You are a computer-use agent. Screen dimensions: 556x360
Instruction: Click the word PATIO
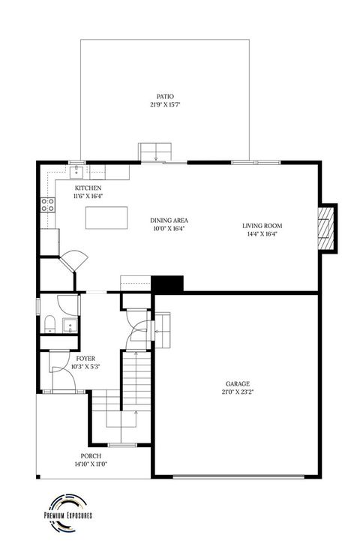point(165,96)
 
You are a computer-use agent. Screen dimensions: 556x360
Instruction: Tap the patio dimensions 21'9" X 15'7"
point(165,104)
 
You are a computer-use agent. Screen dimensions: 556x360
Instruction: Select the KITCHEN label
point(88,188)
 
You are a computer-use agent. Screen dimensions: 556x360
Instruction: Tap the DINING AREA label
point(168,220)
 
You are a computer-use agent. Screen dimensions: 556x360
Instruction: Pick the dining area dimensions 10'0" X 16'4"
point(168,228)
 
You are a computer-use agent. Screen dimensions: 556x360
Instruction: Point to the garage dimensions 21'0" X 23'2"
point(238,391)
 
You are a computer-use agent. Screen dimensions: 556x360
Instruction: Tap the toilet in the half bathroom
point(49,323)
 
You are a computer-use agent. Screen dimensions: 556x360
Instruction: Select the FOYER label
point(85,359)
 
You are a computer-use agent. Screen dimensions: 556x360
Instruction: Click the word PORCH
point(91,455)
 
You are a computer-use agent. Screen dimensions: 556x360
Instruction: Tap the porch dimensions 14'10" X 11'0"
point(91,464)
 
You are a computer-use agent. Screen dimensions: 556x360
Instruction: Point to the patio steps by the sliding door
point(155,150)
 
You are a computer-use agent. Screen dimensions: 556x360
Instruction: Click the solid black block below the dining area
point(167,284)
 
